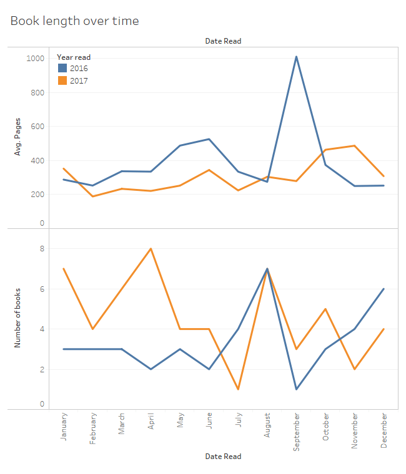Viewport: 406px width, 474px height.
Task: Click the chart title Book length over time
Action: point(74,21)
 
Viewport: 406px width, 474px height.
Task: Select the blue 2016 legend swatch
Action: point(62,68)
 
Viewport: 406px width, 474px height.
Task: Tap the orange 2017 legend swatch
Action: point(62,80)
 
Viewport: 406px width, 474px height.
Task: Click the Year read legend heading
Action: point(74,57)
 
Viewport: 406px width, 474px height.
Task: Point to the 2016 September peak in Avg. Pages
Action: point(296,57)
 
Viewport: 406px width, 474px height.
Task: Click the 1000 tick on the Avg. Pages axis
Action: point(35,59)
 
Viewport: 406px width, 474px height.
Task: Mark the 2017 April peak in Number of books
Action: point(151,249)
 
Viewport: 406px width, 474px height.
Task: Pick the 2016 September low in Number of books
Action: point(296,389)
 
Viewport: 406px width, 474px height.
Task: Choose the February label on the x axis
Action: point(92,428)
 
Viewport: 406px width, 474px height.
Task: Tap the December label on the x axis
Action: point(384,430)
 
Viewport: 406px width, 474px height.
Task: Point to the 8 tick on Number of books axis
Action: point(42,249)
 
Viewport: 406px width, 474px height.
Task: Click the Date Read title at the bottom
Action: point(223,457)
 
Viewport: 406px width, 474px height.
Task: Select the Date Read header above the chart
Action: point(223,41)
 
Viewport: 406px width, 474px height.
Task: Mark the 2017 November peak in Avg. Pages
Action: point(354,145)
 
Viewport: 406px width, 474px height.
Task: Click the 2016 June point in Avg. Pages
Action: point(209,139)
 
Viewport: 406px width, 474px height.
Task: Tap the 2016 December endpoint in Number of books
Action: point(384,289)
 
